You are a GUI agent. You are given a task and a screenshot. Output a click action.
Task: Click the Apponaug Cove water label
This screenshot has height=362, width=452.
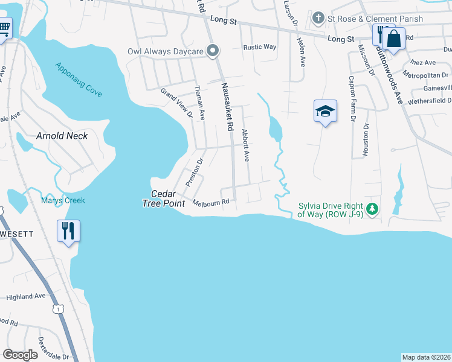[x=79, y=80]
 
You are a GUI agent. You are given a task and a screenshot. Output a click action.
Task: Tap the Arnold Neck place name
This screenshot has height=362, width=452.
[x=62, y=136]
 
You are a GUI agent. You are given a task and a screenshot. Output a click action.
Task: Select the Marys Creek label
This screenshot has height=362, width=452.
[x=63, y=200]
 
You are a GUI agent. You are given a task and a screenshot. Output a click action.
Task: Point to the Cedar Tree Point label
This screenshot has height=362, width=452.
[x=163, y=198]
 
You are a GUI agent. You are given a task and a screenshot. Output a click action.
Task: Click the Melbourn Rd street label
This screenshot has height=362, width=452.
[x=211, y=203]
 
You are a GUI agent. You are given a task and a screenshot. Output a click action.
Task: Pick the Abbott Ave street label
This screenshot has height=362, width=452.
[x=245, y=145]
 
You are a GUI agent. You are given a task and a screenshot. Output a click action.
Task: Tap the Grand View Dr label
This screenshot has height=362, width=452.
[x=176, y=103]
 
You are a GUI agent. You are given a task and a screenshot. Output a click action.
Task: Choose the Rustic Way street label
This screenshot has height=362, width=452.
[x=259, y=47]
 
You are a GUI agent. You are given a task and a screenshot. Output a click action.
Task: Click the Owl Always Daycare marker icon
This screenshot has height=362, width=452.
[x=212, y=51]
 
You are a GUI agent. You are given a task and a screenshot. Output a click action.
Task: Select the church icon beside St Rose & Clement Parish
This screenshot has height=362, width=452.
[x=318, y=19]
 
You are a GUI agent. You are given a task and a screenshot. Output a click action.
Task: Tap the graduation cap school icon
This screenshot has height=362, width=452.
[x=324, y=111]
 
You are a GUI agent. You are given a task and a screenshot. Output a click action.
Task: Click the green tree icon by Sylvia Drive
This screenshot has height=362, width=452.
[x=373, y=209]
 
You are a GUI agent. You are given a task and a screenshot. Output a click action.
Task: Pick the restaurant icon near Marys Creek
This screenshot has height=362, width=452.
[x=68, y=230]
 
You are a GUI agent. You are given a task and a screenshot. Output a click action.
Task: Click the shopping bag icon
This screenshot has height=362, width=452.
[x=393, y=39]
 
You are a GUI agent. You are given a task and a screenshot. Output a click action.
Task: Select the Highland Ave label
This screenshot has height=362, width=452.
[x=26, y=297]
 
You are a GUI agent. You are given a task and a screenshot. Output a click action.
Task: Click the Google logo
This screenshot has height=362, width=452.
[x=21, y=354]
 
